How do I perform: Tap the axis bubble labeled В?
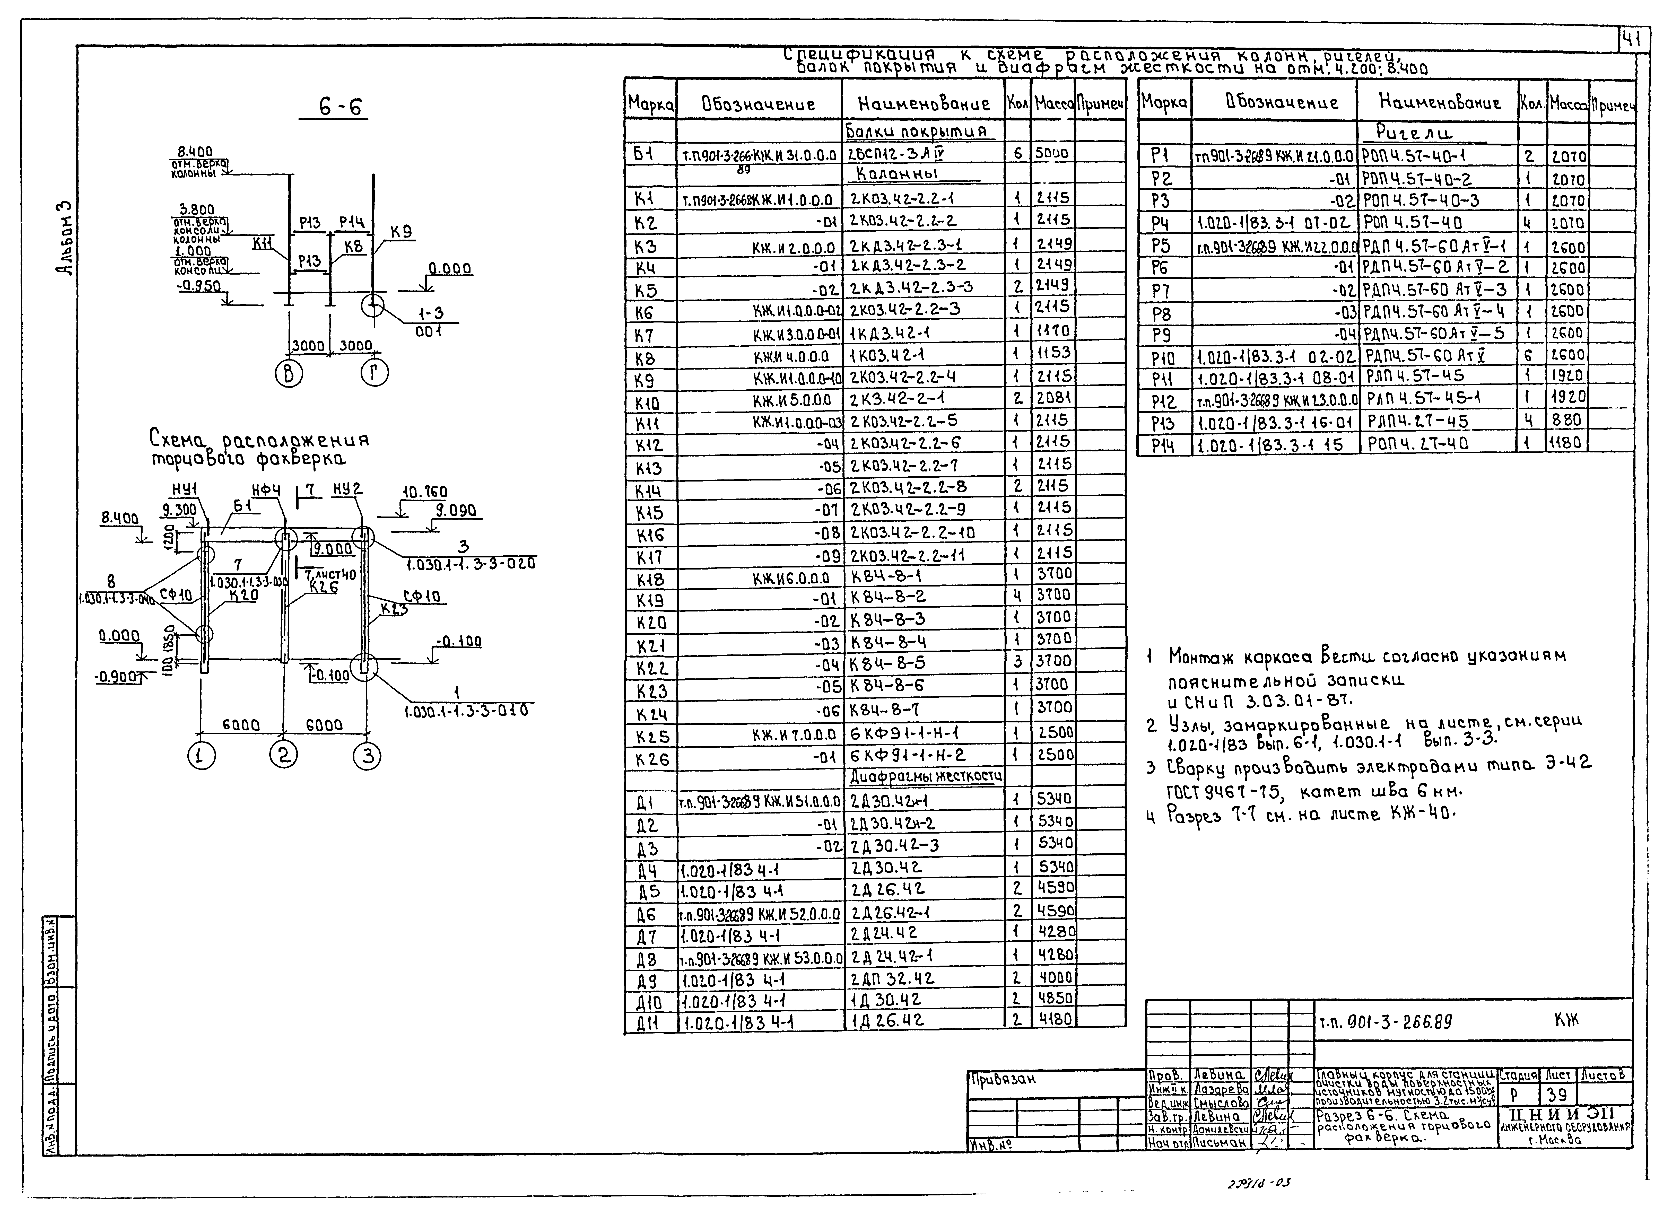288,374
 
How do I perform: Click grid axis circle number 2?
284,755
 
